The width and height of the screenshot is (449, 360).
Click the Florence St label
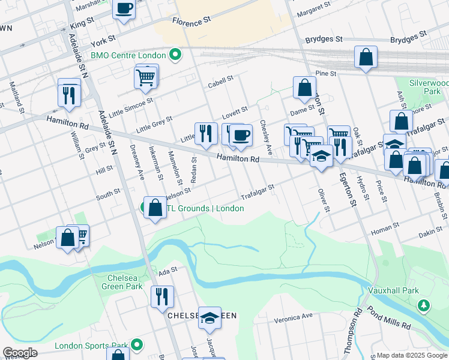coord(191,20)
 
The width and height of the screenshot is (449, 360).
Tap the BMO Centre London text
coord(128,55)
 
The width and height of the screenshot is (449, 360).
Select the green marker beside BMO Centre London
coord(175,56)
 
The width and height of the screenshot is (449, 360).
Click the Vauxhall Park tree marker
coord(424,306)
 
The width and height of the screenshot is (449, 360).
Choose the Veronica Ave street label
coord(294,316)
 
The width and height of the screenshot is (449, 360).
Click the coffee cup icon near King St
coord(124,8)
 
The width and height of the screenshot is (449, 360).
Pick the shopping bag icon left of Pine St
coord(366,58)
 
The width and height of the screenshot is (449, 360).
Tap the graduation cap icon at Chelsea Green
coord(209,317)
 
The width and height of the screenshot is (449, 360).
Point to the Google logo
coord(20,353)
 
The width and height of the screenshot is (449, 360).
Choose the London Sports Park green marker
coord(137,345)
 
